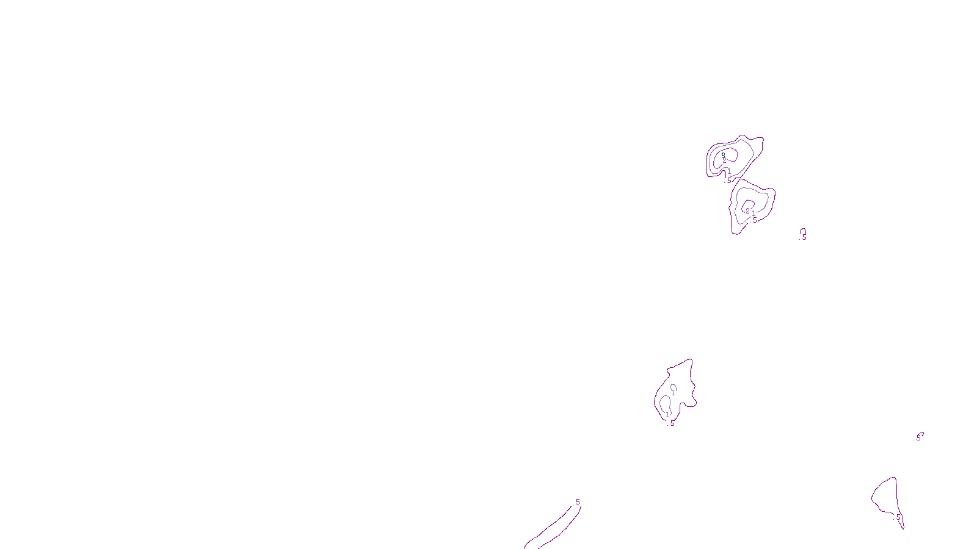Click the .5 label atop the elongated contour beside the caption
pyautogui.click(x=577, y=503)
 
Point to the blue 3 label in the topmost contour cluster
pyautogui.click(x=724, y=155)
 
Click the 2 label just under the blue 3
pyautogui.click(x=725, y=161)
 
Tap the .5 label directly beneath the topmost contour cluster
pyautogui.click(x=728, y=180)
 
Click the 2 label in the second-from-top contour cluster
pyautogui.click(x=748, y=211)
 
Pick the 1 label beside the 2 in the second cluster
pyautogui.click(x=754, y=213)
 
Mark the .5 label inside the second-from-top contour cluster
pyautogui.click(x=755, y=220)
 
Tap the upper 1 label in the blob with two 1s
pyautogui.click(x=673, y=393)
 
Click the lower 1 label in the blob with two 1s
pyautogui.click(x=667, y=415)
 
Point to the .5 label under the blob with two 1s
pyautogui.click(x=672, y=423)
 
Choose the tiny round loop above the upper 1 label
pyautogui.click(x=674, y=387)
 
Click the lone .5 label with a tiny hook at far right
pyautogui.click(x=918, y=437)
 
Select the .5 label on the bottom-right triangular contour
pyautogui.click(x=898, y=517)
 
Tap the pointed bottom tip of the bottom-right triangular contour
pyautogui.click(x=904, y=528)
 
